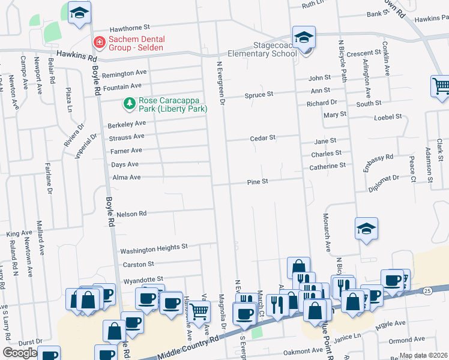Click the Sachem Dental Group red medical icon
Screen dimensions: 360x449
click(98, 43)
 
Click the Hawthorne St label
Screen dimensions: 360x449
click(128, 28)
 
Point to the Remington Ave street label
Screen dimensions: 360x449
click(124, 74)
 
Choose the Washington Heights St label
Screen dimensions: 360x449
click(154, 247)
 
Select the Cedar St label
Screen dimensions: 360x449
click(262, 137)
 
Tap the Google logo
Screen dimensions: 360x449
click(20, 353)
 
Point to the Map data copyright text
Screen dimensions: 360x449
click(423, 355)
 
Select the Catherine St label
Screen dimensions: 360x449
click(327, 166)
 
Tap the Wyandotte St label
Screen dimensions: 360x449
click(143, 280)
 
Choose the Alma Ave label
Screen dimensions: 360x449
click(126, 178)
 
